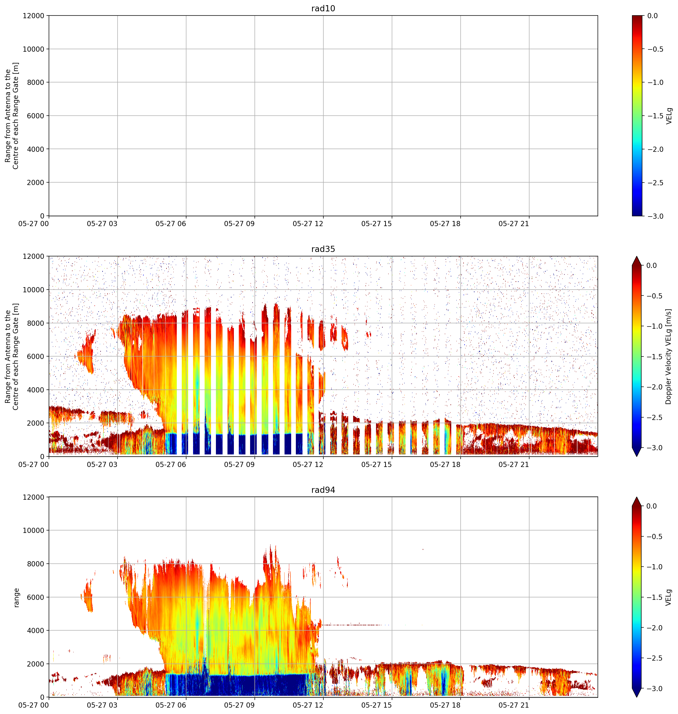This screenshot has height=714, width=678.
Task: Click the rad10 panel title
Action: (x=323, y=8)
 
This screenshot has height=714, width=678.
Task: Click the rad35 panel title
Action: (x=323, y=249)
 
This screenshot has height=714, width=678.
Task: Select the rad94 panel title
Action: (x=323, y=490)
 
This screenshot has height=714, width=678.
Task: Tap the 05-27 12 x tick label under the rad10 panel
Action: (x=308, y=224)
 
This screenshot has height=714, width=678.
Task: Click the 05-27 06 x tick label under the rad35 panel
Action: (x=171, y=465)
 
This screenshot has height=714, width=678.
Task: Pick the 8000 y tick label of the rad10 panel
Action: (x=36, y=82)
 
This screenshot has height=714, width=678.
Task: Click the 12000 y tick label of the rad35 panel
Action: (x=34, y=256)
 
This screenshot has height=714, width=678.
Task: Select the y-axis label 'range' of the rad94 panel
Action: (x=16, y=598)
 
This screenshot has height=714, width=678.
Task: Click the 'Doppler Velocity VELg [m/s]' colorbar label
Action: (x=668, y=357)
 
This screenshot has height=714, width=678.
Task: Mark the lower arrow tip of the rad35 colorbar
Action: (x=637, y=456)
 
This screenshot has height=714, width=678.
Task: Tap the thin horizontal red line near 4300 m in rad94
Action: (x=356, y=625)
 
